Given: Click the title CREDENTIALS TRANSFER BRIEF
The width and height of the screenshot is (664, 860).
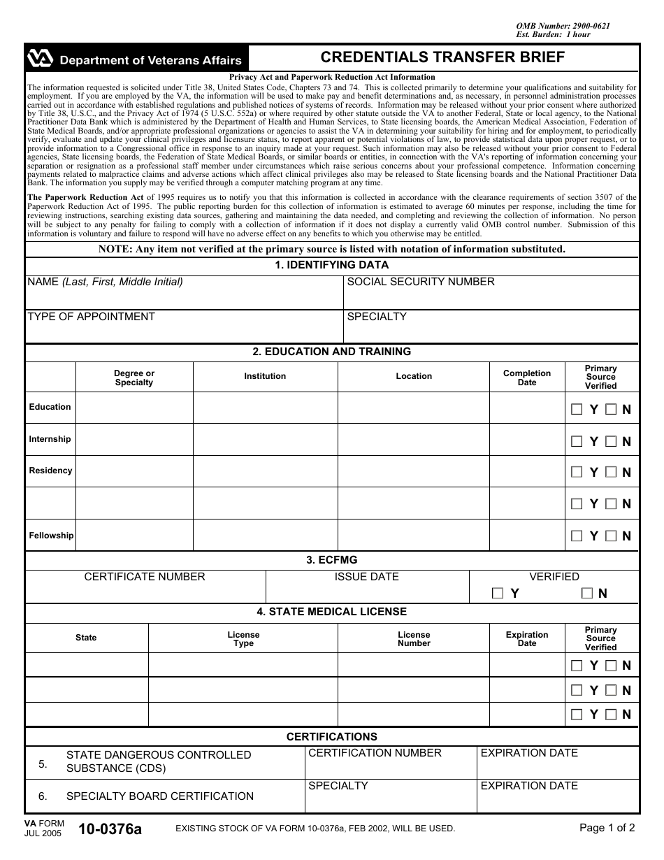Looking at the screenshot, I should click(442, 57).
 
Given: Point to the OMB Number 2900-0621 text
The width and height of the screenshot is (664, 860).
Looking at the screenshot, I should click(563, 26).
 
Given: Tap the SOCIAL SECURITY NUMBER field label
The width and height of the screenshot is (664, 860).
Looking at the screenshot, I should click(421, 282).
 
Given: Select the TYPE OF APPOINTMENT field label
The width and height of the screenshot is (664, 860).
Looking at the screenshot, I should click(91, 317).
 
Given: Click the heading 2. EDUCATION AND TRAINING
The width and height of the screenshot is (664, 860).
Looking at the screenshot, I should click(332, 352).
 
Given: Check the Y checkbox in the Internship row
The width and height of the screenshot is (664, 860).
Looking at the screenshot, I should click(577, 441).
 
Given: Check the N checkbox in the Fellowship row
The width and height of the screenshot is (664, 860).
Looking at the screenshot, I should click(611, 536).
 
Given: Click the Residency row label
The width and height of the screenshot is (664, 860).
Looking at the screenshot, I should click(50, 471).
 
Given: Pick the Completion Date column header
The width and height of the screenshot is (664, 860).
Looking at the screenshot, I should click(527, 378).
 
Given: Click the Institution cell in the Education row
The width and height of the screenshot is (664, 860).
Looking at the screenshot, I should click(265, 407).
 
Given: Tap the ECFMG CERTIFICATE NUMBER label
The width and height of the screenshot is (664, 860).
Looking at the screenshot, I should click(145, 577).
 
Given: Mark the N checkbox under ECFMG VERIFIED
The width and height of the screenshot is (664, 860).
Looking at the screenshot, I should click(586, 593).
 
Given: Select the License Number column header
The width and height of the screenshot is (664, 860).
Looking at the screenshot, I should click(414, 639).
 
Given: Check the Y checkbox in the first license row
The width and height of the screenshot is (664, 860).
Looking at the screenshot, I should click(577, 665).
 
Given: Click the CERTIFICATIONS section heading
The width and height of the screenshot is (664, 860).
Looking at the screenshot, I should click(332, 737).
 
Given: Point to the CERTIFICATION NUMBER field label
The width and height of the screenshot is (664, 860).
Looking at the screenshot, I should click(375, 753).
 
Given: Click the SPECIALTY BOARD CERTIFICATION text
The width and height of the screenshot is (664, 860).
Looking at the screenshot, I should click(159, 796).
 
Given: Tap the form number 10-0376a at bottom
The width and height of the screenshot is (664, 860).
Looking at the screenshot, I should click(110, 830).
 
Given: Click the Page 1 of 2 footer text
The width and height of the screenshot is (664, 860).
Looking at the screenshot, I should click(607, 828).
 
